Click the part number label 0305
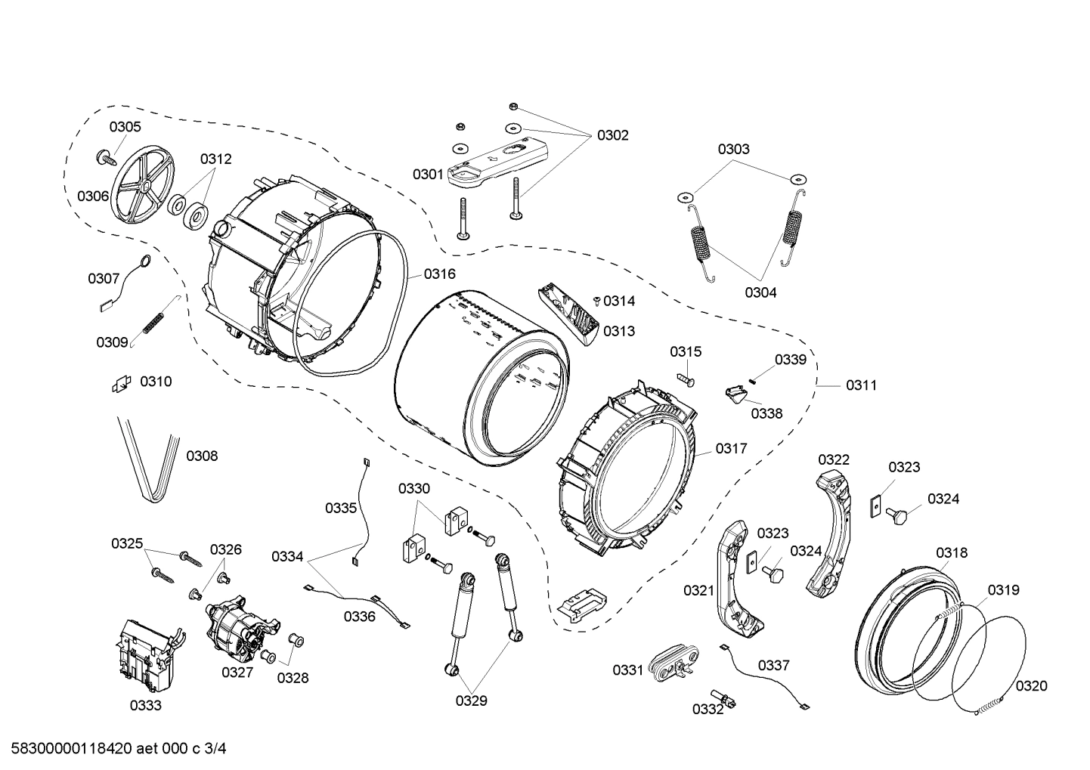tap(125, 127)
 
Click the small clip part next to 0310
tap(121, 385)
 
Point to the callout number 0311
tap(861, 385)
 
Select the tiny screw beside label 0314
tap(596, 302)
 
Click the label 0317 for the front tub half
tap(731, 448)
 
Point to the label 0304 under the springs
tap(760, 292)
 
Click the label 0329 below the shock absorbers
tap(471, 700)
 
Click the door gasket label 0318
tap(951, 553)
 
